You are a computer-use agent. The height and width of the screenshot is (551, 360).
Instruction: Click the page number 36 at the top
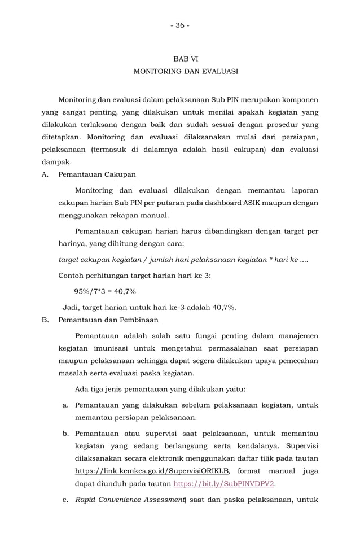tap(180, 25)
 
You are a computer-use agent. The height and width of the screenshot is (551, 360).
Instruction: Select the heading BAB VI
tap(185, 59)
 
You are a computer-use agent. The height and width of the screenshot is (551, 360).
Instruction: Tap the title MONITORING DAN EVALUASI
tap(185, 72)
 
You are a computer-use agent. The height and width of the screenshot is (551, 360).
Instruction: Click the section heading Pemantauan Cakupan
tap(96, 174)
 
